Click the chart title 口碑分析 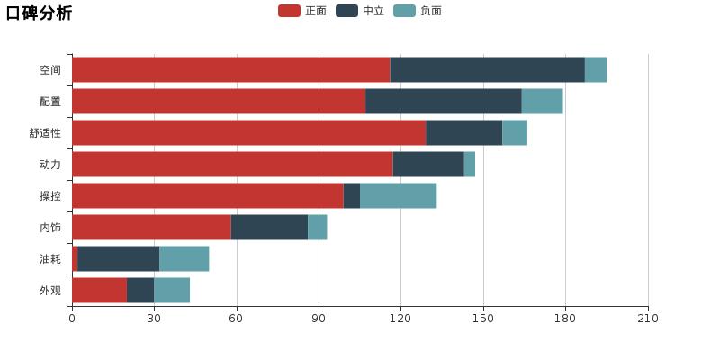click(x=39, y=13)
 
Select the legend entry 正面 click(x=302, y=11)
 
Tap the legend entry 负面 click(x=418, y=11)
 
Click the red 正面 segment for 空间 click(x=230, y=70)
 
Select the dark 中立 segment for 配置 click(x=443, y=102)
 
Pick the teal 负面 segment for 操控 click(x=398, y=196)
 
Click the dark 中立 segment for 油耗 click(x=118, y=259)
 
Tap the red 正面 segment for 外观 click(x=99, y=291)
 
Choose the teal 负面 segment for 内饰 click(x=317, y=228)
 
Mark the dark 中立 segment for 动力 click(x=428, y=165)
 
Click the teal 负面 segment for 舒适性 click(x=514, y=133)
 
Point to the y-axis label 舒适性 click(x=45, y=133)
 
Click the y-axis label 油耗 click(x=50, y=259)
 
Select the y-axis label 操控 click(x=50, y=196)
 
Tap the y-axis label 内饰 click(x=50, y=228)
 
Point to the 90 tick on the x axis click(x=319, y=319)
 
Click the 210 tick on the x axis click(x=648, y=319)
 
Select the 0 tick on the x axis click(x=72, y=319)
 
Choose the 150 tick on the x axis click(x=483, y=319)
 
